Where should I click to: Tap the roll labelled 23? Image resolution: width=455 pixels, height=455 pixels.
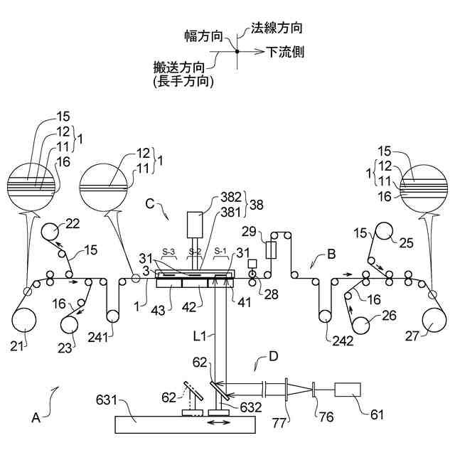pos(70,324)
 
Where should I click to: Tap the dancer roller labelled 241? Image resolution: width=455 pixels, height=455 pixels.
pos(112,312)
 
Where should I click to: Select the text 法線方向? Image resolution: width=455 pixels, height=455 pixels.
pos(277,29)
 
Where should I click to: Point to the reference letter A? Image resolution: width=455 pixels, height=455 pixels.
pos(36,419)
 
